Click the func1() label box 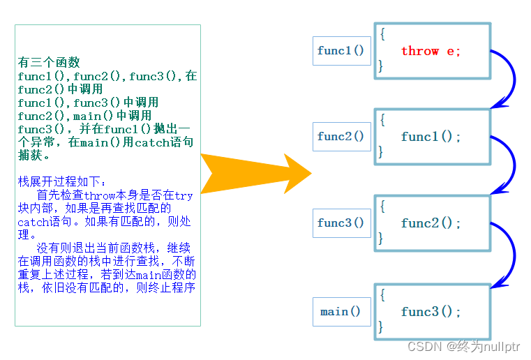click(341, 51)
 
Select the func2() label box click(341, 137)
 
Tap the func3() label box click(341, 223)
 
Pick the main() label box click(341, 312)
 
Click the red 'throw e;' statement click(431, 51)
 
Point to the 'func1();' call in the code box click(431, 137)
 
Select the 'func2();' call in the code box click(431, 223)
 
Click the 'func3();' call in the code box click(431, 312)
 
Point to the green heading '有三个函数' click(49, 63)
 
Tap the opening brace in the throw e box click(382, 33)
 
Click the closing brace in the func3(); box click(381, 326)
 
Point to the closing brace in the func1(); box click(381, 151)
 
